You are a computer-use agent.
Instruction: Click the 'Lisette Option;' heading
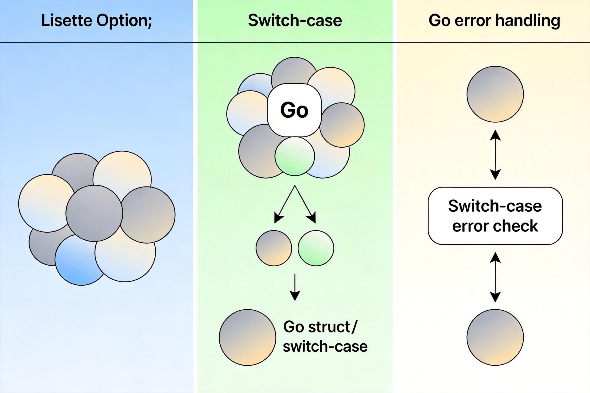(97, 21)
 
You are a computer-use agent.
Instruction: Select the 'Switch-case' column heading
(295, 21)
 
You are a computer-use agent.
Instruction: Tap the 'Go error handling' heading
(494, 21)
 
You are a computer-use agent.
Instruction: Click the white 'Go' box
(294, 110)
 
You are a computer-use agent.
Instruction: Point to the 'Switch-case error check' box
(495, 216)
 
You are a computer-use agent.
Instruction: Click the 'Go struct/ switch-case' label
(325, 337)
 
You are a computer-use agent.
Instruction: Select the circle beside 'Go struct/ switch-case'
(247, 337)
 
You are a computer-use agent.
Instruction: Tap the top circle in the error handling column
(495, 94)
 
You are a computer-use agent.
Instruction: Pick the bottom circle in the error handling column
(495, 337)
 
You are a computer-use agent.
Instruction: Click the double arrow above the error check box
(495, 155)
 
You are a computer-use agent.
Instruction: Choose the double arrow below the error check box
(495, 277)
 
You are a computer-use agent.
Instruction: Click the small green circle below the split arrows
(316, 248)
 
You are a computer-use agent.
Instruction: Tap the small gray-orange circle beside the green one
(274, 248)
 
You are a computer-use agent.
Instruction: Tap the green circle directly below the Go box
(295, 156)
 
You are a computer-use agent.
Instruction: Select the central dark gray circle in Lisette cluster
(94, 213)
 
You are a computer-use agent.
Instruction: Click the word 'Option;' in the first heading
(124, 21)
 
